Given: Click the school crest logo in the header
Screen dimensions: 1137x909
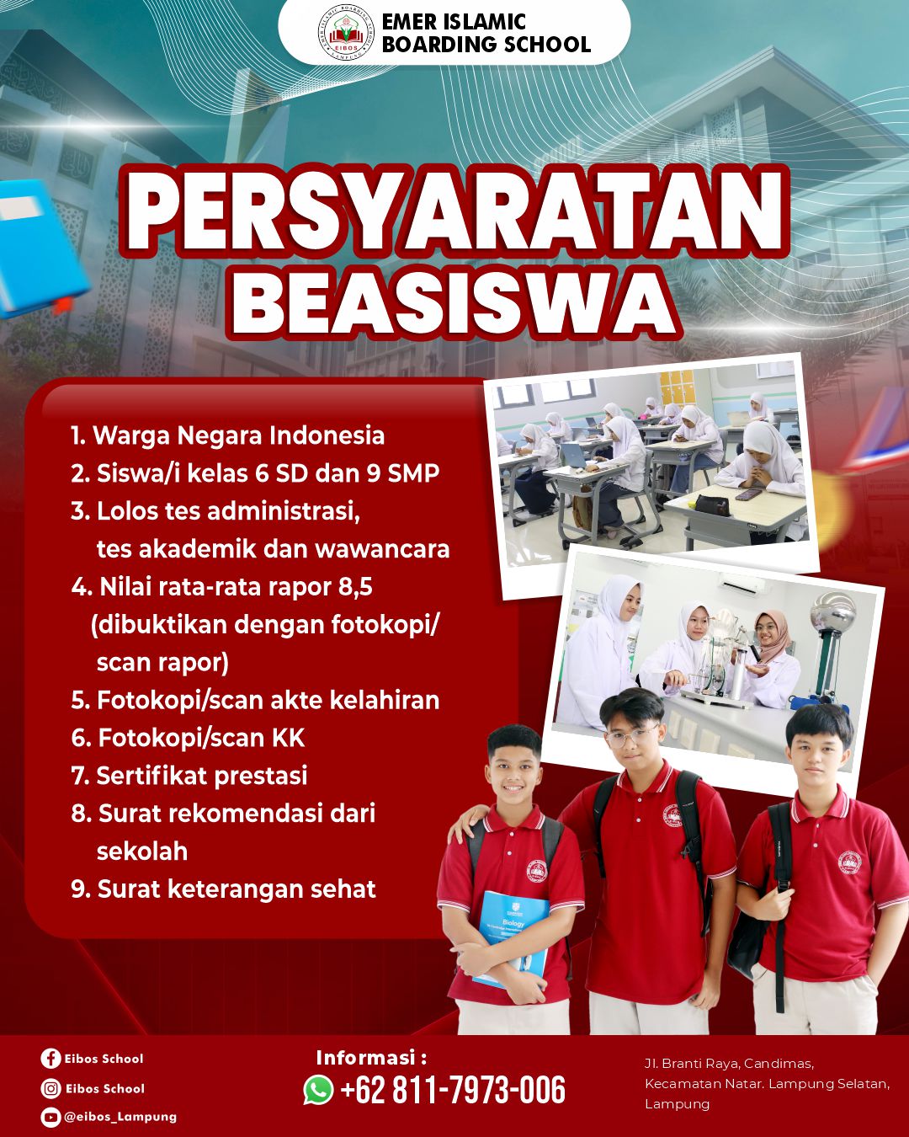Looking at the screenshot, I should click(x=346, y=33).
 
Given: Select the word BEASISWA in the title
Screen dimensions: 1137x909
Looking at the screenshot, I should click(x=454, y=302).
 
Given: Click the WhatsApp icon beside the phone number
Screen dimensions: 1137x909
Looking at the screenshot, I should click(x=319, y=1090).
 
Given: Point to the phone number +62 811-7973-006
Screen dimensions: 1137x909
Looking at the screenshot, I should click(x=453, y=1090).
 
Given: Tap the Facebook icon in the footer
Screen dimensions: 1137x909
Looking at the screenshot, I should click(x=50, y=1059).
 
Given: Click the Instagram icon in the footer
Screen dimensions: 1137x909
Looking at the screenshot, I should click(x=50, y=1088).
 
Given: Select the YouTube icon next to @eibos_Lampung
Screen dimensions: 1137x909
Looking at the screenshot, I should click(x=50, y=1117).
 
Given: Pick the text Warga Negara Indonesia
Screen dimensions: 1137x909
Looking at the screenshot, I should click(x=238, y=435).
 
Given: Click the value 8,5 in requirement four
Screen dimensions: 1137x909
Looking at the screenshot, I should click(x=355, y=586).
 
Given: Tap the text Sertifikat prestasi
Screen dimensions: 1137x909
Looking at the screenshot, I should click(x=202, y=775).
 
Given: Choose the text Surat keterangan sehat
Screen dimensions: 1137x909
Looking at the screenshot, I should click(x=237, y=889).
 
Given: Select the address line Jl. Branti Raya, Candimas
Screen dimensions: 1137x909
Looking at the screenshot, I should click(x=729, y=1064).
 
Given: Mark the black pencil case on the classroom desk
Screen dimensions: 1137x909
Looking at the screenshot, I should click(x=712, y=504).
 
